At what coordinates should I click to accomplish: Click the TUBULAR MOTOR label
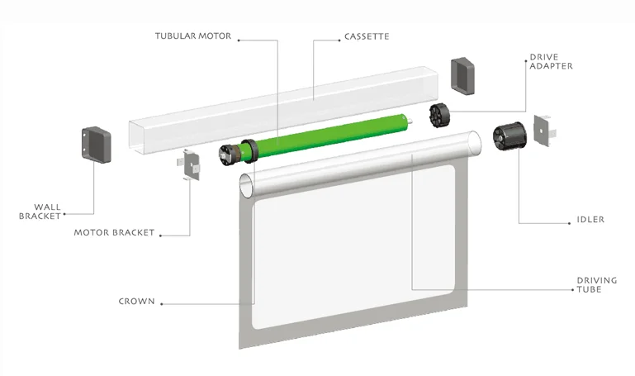pos(193,36)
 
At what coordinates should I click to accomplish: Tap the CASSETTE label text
pos(367,36)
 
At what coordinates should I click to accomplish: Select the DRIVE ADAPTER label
pos(550,61)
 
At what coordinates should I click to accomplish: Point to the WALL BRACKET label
pos(42,212)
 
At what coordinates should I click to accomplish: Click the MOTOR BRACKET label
pos(114,233)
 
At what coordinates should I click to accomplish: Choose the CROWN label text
pos(136,302)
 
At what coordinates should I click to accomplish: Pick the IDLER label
pos(591,220)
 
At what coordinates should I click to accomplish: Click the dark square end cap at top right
pos(465,74)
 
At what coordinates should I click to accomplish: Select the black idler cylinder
pos(509,136)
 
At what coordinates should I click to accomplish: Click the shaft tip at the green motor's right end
pos(409,123)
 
